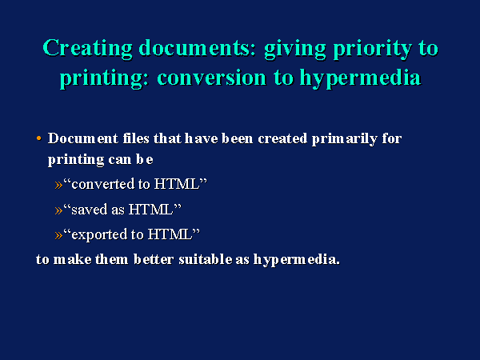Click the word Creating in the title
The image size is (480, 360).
point(87,48)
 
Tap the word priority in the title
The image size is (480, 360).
point(372,49)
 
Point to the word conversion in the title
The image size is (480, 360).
point(211,77)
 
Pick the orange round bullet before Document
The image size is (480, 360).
point(38,138)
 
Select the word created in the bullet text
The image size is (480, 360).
point(282,138)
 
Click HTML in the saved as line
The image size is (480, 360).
point(150,210)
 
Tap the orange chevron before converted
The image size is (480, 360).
point(58,185)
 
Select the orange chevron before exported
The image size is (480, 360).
point(58,235)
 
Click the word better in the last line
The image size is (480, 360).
point(154,259)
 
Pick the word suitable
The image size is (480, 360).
point(206,259)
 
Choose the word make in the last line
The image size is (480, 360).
point(72,259)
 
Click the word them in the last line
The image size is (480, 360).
point(112,259)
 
